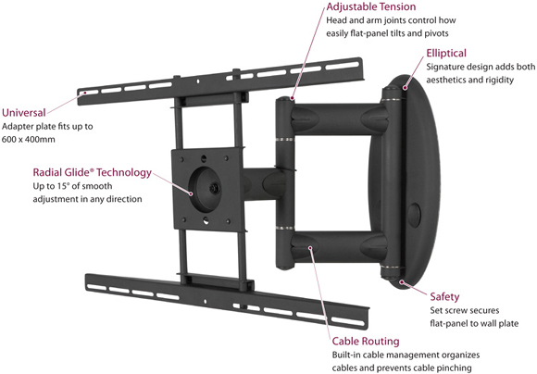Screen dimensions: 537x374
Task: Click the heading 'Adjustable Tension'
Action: click(x=371, y=6)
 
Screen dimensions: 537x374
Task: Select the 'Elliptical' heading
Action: click(x=446, y=54)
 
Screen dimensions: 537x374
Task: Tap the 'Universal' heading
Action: click(x=24, y=113)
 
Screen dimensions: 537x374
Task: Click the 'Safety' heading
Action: click(x=444, y=296)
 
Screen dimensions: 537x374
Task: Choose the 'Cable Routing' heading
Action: click(x=366, y=341)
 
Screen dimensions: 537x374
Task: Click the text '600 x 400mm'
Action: click(x=29, y=140)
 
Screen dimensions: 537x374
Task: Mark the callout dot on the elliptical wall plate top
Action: click(x=405, y=88)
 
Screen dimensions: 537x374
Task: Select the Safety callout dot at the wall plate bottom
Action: click(x=402, y=281)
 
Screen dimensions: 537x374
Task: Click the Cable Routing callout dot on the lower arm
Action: click(x=309, y=247)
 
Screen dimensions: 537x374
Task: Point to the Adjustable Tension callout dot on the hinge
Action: click(x=293, y=99)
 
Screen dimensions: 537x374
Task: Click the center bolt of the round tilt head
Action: click(x=215, y=188)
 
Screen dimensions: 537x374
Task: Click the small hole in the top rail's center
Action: click(x=197, y=81)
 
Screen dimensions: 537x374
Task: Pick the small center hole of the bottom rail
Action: click(x=206, y=302)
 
